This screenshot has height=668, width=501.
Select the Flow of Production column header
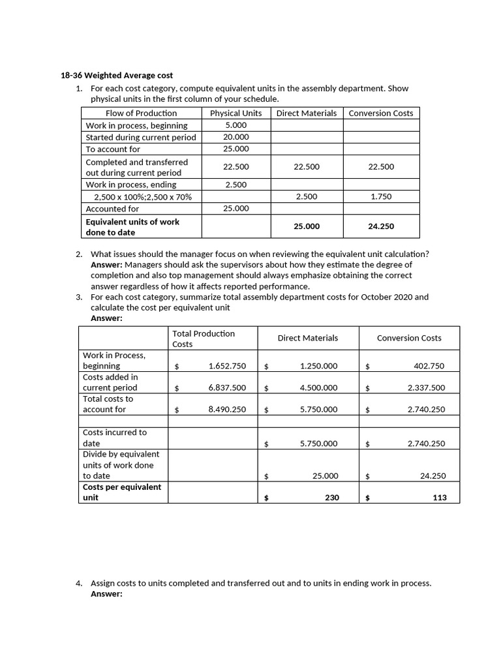141,113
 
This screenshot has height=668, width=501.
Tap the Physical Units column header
235,113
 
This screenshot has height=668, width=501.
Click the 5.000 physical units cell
235,125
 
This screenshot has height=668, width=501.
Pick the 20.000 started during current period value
235,137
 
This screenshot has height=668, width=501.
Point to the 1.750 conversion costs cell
381,196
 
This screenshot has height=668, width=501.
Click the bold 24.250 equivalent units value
381,227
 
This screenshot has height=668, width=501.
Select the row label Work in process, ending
130,185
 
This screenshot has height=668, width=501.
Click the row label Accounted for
112,209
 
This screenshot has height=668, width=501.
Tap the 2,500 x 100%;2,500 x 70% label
138,196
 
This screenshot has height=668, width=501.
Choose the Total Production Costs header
203,339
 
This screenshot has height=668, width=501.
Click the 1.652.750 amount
227,367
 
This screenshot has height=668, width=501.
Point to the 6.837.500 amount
227,387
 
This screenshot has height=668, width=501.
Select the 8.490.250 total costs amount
227,410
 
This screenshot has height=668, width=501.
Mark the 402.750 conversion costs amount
429,367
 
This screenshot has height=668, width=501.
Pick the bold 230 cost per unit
331,498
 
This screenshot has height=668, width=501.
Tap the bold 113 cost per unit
439,498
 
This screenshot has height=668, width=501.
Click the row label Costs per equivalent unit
122,493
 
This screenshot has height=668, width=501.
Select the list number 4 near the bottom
79,583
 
